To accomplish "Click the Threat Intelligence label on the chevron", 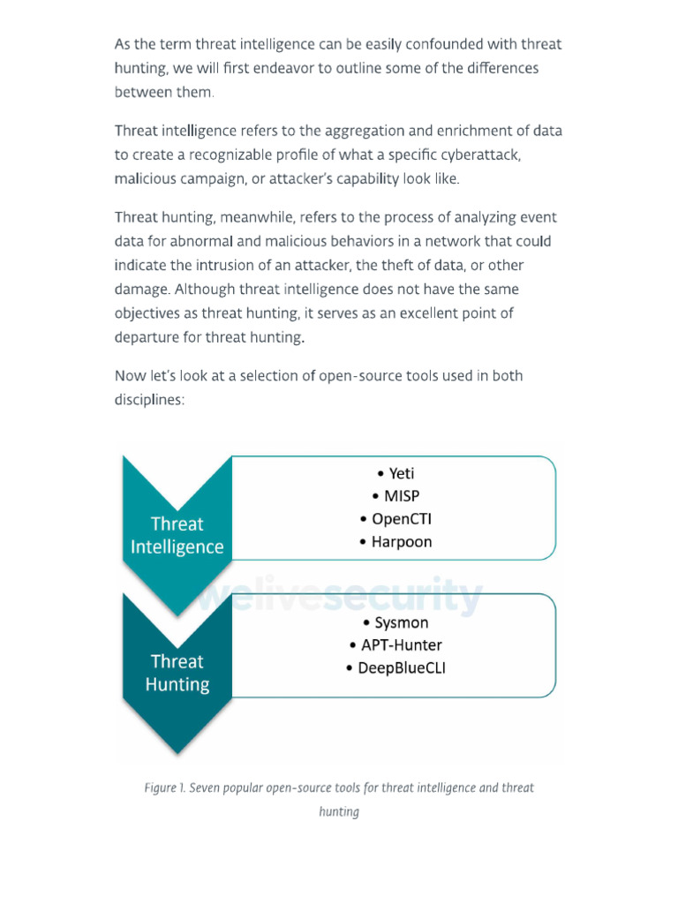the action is [177, 535].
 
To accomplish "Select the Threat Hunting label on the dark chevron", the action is [177, 673].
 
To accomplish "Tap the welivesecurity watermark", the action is [340, 598].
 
